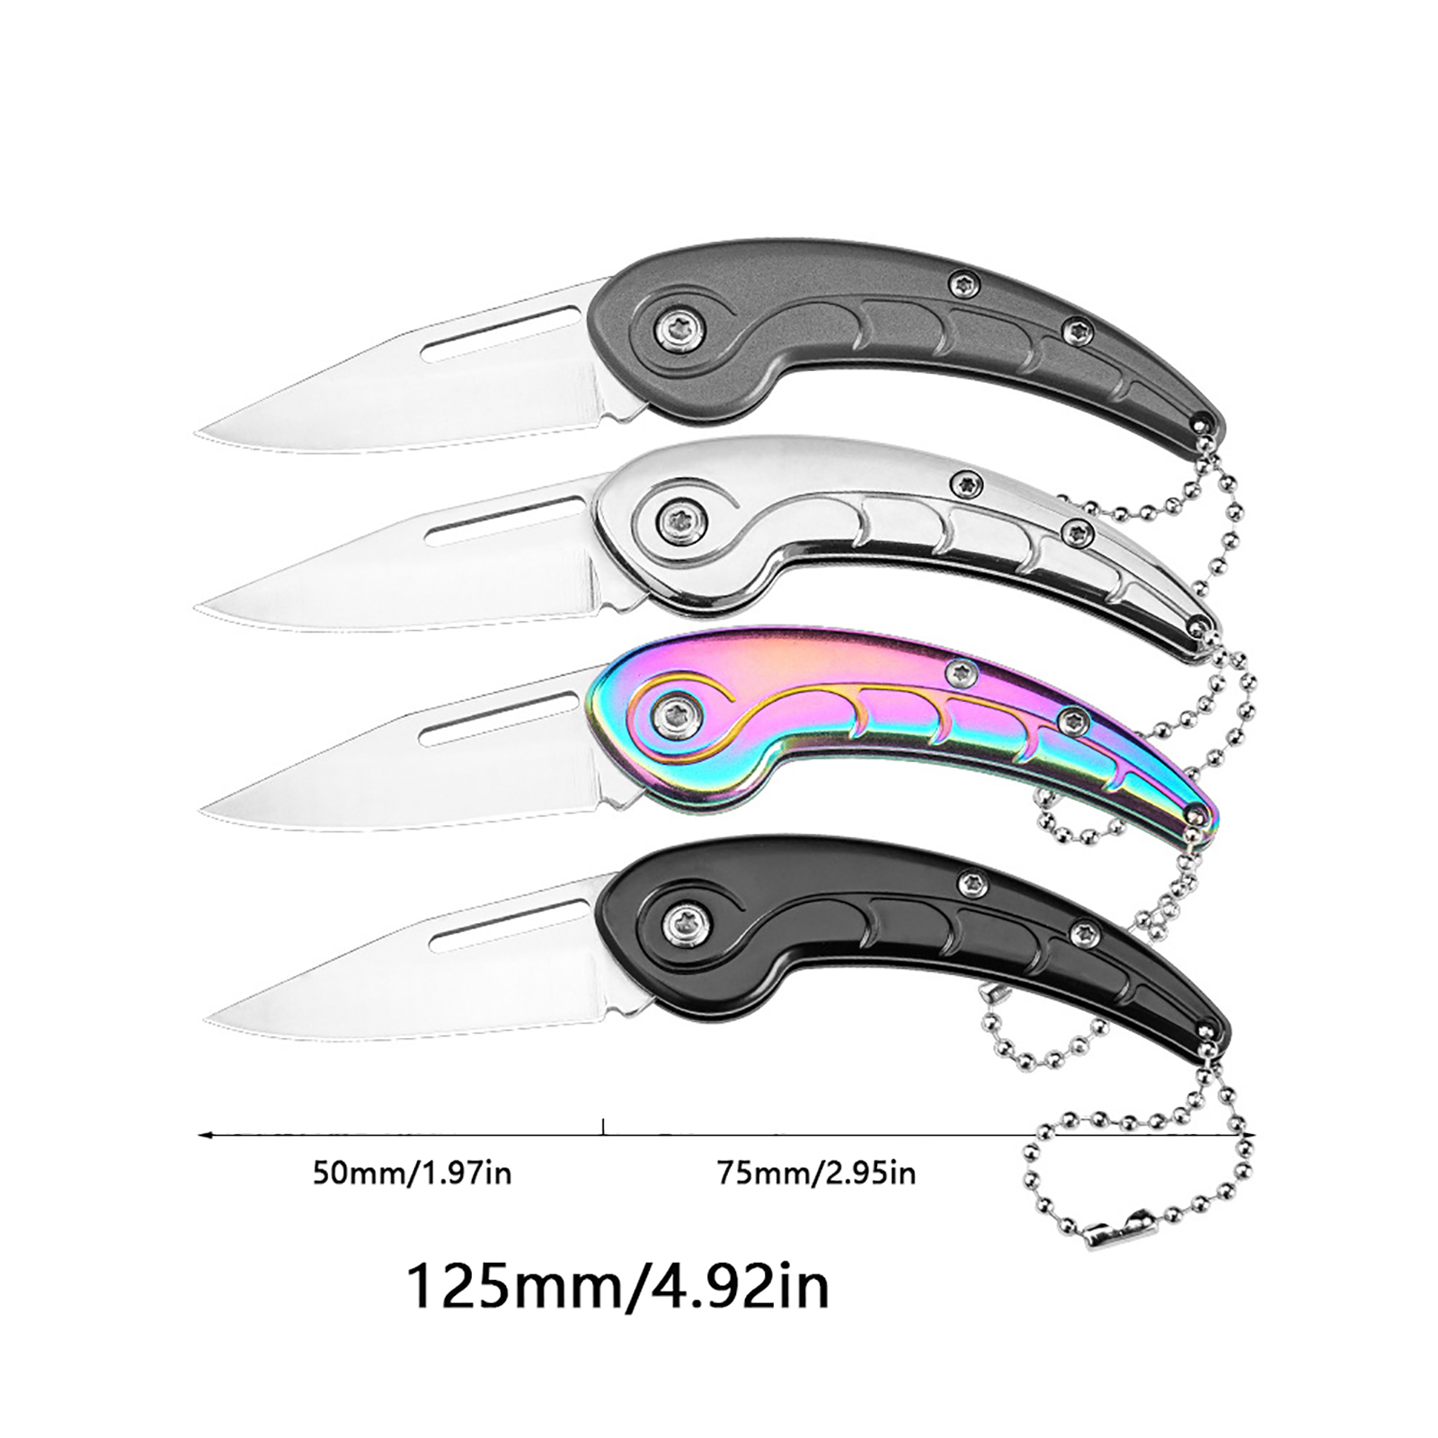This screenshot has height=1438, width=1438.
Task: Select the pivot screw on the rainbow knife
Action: tap(677, 715)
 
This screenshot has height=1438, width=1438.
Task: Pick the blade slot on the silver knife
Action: tap(503, 522)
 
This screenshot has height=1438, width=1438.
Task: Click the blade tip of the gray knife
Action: tap(197, 433)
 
